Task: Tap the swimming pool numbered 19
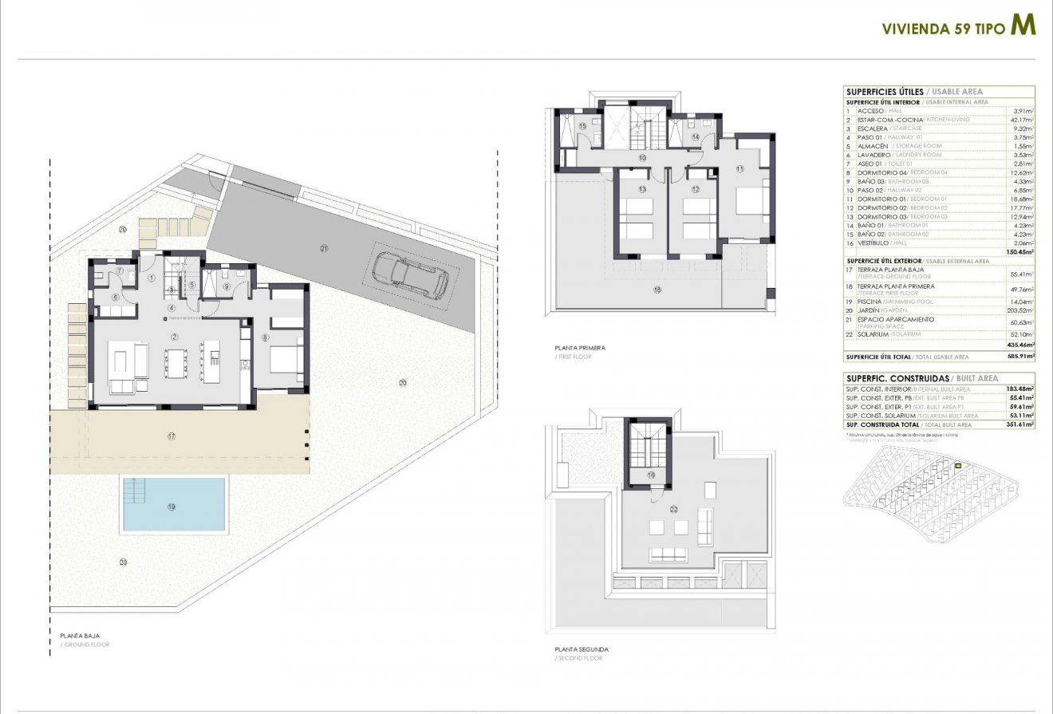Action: pos(174,504)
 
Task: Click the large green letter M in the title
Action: pos(1023,25)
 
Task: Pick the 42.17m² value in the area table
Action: pos(1022,120)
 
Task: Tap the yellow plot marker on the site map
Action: pos(959,467)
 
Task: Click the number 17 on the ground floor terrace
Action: pos(172,436)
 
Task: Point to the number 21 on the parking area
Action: pos(325,248)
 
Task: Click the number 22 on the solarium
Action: pos(673,509)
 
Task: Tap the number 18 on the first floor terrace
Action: pos(657,291)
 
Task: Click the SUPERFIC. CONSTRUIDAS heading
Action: pos(897,379)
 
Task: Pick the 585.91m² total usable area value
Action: pos(1019,357)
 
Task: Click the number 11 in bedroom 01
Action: pos(739,168)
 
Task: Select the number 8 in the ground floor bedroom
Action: pos(265,337)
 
